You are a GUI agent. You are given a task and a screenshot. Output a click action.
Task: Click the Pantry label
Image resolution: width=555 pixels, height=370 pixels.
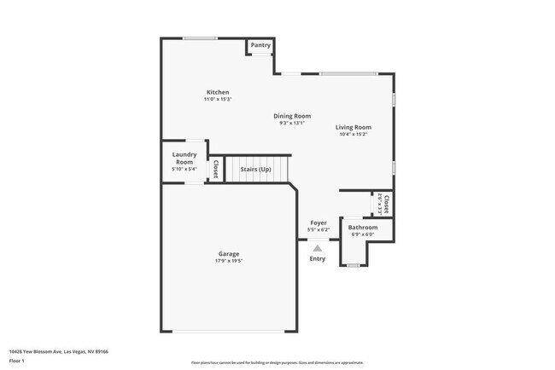(260, 45)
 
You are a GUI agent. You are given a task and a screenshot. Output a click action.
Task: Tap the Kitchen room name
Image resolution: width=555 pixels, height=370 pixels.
(218, 92)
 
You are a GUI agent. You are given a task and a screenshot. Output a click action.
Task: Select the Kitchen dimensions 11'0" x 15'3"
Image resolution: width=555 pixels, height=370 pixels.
(218, 100)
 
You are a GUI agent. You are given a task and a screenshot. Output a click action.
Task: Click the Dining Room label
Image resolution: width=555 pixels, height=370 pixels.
(292, 116)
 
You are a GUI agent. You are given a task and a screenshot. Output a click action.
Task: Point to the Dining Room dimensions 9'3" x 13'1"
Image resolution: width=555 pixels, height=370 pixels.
(292, 124)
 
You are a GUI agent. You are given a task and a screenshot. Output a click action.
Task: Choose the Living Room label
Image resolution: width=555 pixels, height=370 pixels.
(353, 127)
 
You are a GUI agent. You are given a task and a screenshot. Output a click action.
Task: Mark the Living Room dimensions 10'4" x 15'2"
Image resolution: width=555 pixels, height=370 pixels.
(353, 135)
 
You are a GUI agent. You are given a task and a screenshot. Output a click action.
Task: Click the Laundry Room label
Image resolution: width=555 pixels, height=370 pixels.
(184, 159)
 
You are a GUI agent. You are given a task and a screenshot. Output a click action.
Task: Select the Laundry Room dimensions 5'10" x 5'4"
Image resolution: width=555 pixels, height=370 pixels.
(184, 169)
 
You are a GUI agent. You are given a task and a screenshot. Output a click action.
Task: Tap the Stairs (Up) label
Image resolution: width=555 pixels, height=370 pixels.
(255, 169)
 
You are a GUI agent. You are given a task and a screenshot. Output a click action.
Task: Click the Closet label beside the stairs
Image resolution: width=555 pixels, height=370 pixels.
(216, 169)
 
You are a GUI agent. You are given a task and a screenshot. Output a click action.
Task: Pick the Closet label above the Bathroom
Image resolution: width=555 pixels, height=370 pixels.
(387, 205)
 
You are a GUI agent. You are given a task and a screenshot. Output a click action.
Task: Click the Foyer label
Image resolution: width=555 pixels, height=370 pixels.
(318, 223)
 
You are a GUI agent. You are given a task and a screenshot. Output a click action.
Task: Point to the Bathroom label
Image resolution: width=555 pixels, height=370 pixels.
(363, 228)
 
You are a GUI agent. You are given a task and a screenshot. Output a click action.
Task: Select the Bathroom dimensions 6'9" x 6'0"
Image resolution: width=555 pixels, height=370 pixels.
(363, 234)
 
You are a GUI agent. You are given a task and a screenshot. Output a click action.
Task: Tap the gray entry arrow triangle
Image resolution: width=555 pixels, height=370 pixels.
(318, 246)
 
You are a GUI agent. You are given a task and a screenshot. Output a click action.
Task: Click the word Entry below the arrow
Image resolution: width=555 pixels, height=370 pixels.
(318, 258)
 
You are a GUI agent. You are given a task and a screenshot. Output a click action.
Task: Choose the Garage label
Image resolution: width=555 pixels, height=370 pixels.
(228, 253)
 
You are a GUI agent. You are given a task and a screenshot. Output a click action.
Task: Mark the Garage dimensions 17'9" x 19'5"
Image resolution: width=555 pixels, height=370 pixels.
(228, 261)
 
